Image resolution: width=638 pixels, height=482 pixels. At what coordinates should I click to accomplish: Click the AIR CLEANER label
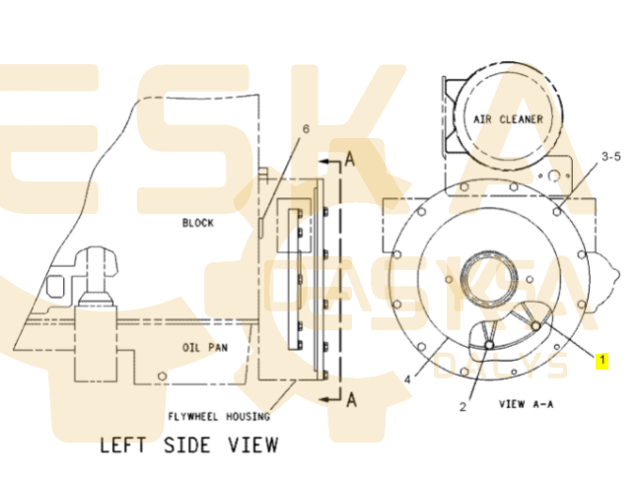508,119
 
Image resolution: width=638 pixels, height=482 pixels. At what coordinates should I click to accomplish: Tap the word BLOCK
198,223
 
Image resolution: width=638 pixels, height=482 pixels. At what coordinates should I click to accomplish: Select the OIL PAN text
205,347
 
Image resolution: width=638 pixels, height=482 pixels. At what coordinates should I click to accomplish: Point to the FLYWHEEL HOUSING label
219,417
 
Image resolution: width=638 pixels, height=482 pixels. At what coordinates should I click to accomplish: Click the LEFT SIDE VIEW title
189,445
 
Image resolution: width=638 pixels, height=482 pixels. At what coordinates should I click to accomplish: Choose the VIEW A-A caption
527,404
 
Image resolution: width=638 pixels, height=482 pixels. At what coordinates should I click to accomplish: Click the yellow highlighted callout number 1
603,361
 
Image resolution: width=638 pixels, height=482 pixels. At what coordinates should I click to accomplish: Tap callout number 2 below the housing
463,407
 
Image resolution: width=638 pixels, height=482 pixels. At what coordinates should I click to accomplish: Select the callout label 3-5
611,156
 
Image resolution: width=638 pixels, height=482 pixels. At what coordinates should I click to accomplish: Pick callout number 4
407,379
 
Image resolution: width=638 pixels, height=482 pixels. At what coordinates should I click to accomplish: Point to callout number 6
306,128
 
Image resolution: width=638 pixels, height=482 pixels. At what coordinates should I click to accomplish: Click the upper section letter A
350,159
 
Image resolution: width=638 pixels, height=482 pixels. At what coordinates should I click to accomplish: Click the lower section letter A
352,399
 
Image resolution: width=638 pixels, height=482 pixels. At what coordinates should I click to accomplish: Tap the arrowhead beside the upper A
324,162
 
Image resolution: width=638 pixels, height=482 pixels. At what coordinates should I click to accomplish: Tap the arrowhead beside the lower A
324,399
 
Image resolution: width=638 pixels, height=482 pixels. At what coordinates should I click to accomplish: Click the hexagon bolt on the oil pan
162,376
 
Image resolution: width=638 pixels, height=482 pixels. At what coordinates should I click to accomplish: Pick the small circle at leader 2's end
489,345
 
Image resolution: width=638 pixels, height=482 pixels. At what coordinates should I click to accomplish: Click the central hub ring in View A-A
489,278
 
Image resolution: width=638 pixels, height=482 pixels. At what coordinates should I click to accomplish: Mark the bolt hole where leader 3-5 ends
557,212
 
